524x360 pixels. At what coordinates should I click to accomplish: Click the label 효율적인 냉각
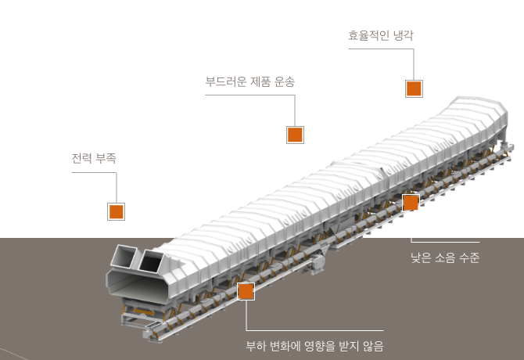(381, 35)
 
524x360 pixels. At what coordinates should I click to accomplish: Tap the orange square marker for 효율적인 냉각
(414, 88)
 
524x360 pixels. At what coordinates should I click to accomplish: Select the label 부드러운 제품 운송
(250, 81)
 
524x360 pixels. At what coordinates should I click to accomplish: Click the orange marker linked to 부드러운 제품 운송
(295, 135)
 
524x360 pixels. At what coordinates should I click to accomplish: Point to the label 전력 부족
(94, 158)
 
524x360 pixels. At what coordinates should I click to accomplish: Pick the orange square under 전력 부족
(116, 211)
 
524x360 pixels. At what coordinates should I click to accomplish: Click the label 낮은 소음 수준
(445, 257)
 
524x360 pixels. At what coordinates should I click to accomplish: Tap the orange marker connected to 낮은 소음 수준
(411, 203)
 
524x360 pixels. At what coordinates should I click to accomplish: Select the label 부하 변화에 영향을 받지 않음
(315, 346)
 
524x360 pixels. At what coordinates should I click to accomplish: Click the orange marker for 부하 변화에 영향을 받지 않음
(246, 291)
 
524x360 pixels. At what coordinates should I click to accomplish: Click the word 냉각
(404, 35)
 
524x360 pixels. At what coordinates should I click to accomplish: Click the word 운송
(285, 81)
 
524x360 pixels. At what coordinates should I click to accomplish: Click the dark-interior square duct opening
(151, 261)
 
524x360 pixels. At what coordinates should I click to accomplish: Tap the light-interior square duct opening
(124, 257)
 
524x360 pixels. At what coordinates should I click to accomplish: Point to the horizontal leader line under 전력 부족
(94, 172)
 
